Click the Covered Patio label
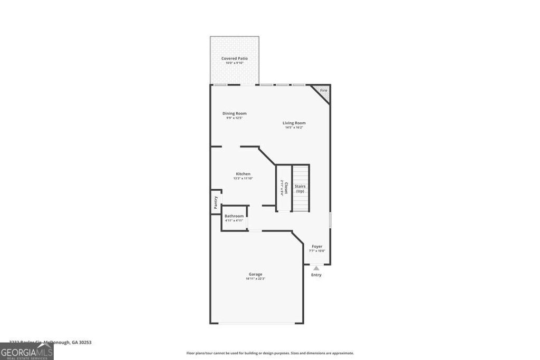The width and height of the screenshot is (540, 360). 234,59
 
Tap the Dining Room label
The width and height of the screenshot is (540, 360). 234,113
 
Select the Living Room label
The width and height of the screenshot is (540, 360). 294,123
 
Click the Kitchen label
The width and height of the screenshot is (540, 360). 243,173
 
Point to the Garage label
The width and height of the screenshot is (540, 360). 255,274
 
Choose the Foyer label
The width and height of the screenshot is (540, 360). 317,246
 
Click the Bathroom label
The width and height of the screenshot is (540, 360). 234,216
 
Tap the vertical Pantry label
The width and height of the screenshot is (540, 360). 216,202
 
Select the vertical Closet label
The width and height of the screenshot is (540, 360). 286,188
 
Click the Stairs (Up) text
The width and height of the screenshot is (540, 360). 300,189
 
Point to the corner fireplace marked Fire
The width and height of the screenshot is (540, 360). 323,91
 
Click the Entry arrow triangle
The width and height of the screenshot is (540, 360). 316,268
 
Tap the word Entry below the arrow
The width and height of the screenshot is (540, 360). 316,275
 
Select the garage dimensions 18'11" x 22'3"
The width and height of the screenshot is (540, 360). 255,279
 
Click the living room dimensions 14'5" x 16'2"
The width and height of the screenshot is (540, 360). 294,128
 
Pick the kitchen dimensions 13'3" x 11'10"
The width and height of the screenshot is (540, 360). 243,178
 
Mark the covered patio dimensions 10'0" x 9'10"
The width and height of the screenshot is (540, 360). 234,63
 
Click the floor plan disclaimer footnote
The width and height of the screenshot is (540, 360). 270,353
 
